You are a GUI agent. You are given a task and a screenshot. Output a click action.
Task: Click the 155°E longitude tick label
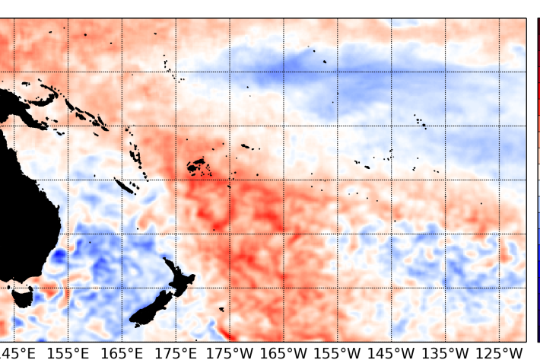(68, 352)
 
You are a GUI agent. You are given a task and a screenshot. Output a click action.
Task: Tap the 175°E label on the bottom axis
(176, 352)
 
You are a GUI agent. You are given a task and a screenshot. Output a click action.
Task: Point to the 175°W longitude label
(230, 352)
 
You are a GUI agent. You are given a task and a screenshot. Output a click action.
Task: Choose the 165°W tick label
(284, 352)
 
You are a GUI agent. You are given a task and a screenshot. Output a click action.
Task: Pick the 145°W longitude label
(392, 352)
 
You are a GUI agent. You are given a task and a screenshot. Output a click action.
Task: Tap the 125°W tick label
(500, 352)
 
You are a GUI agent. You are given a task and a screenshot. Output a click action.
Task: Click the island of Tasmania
(22, 296)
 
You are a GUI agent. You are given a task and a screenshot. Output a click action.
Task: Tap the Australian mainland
(15, 190)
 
